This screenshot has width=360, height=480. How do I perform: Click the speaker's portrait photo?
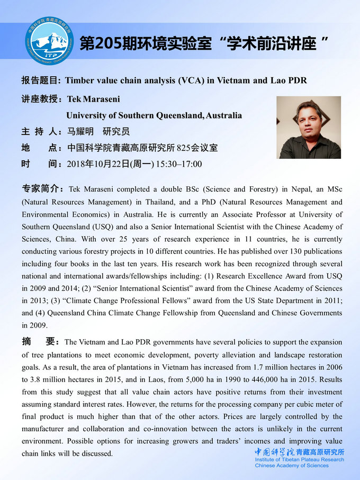(x=309, y=127)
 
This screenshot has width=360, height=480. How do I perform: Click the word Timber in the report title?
(x=81, y=80)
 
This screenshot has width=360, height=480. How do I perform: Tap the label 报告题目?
(x=40, y=80)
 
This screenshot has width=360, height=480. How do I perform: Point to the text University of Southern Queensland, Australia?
(x=154, y=115)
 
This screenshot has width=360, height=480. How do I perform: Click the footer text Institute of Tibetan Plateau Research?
(x=299, y=459)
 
